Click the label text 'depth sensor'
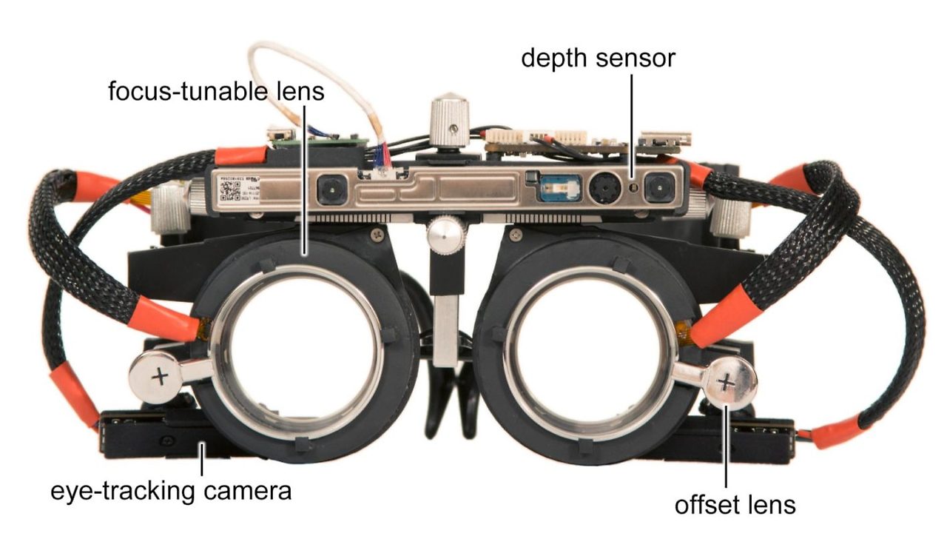tap(598, 58)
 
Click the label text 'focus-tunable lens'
tap(216, 91)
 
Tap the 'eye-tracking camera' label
tap(171, 492)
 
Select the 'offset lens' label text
tap(735, 505)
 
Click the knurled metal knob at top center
tap(450, 121)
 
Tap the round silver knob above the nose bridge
tap(445, 235)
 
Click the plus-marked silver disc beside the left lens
tap(156, 378)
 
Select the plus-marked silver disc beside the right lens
tap(729, 383)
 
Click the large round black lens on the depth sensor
tap(605, 187)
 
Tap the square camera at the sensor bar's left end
tap(332, 189)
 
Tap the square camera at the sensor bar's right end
tap(659, 187)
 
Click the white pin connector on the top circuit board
tap(538, 135)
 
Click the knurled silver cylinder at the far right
tap(729, 215)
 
